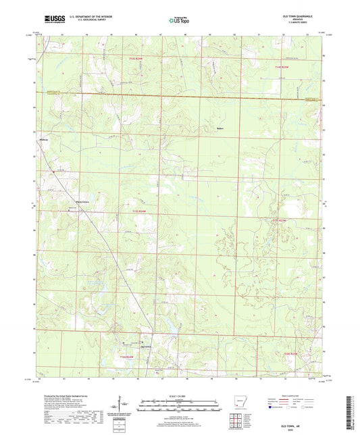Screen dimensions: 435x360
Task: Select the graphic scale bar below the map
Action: click(x=180, y=405)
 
